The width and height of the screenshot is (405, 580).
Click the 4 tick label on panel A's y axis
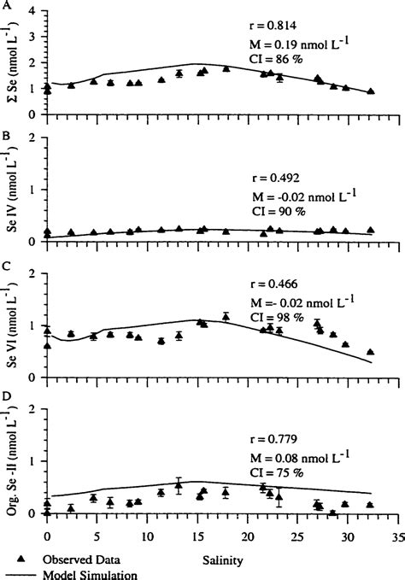pyautogui.click(x=32, y=12)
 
